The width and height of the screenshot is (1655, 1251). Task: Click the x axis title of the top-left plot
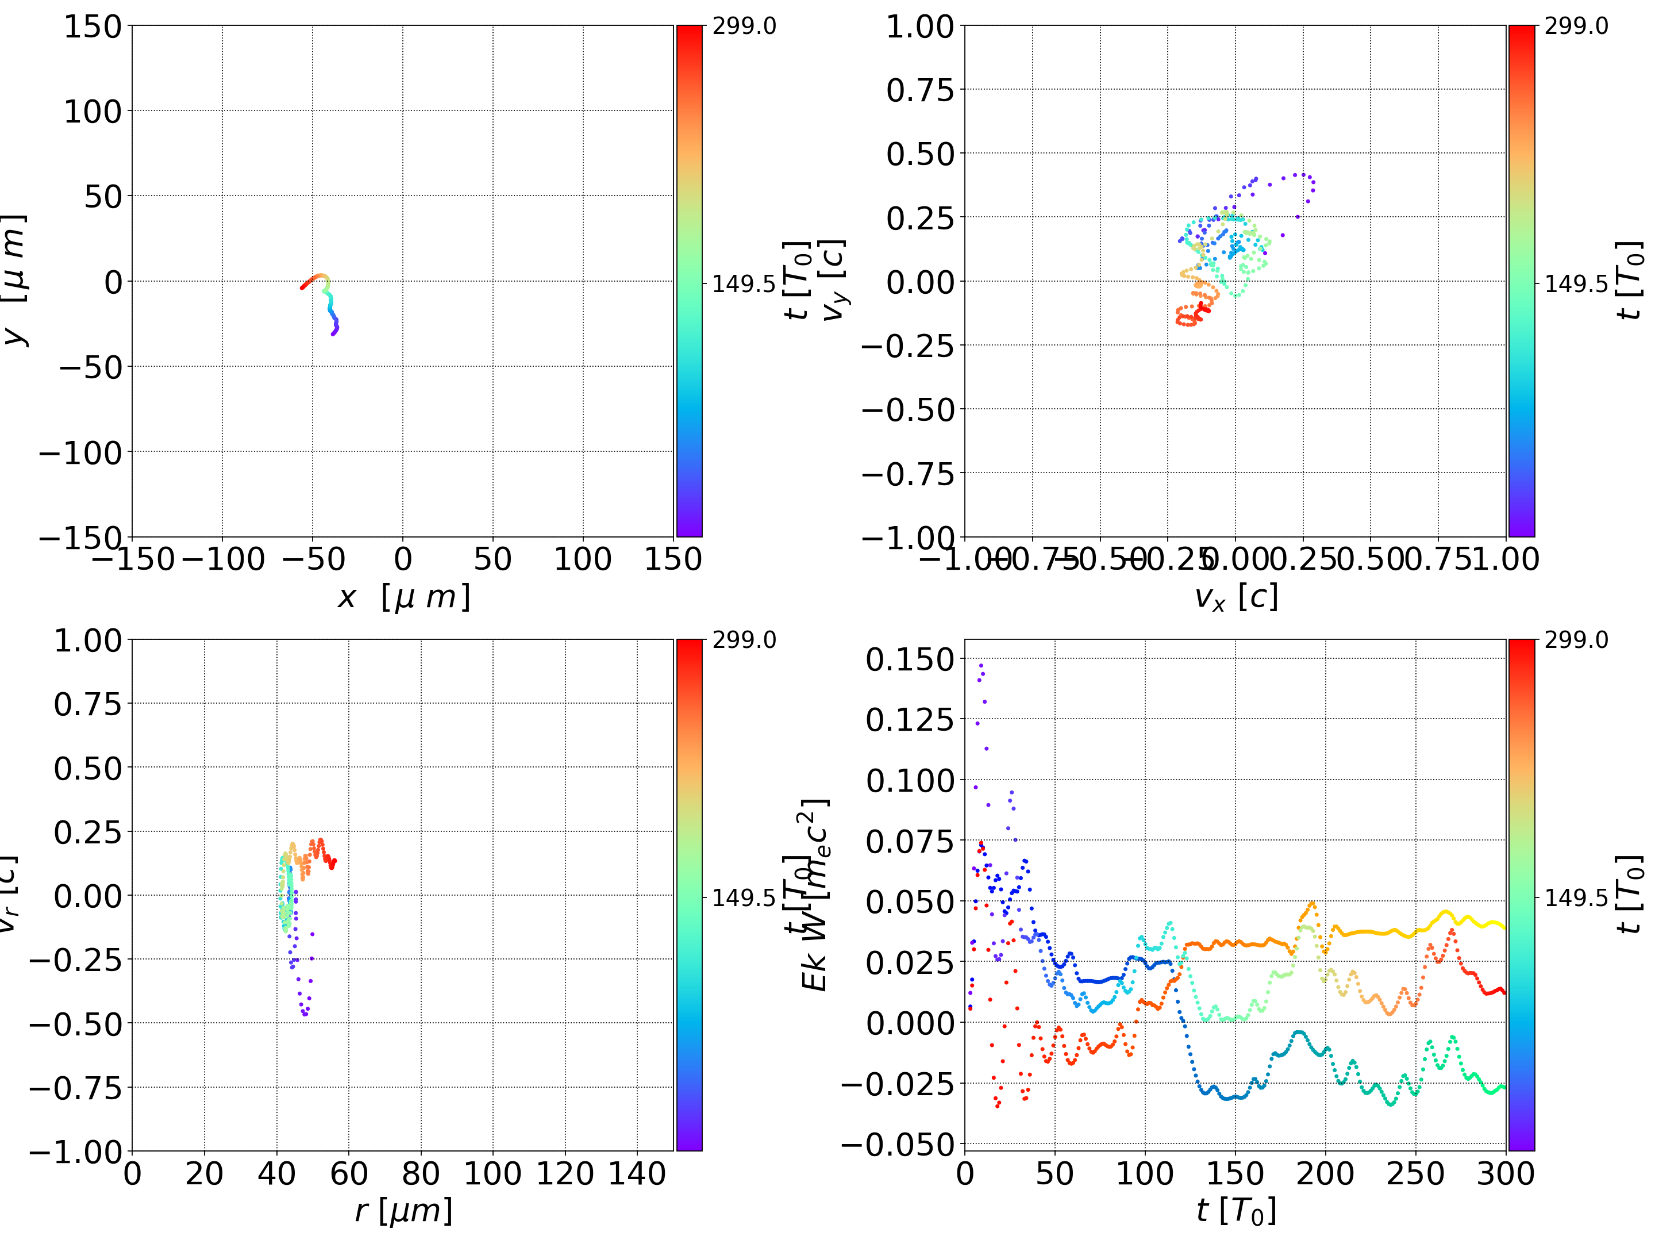404,597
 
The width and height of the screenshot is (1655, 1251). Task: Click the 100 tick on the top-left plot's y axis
92,112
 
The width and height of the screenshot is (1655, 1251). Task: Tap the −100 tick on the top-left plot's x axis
223,559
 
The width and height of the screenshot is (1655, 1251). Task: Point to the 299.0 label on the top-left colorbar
744,26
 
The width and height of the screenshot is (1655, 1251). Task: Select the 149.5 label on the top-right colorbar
1576,284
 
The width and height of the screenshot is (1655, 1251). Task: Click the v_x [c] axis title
1236,597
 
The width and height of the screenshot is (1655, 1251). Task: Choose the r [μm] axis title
404,1211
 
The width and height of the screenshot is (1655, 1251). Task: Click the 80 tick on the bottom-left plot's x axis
421,1173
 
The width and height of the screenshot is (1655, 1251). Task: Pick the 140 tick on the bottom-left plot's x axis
637,1173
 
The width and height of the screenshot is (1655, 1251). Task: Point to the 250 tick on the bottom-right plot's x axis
1415,1173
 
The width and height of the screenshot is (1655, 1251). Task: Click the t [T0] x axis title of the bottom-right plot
1236,1211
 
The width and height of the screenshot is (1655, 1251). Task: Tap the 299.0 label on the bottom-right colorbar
1576,640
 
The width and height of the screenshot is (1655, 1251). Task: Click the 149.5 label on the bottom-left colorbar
744,897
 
